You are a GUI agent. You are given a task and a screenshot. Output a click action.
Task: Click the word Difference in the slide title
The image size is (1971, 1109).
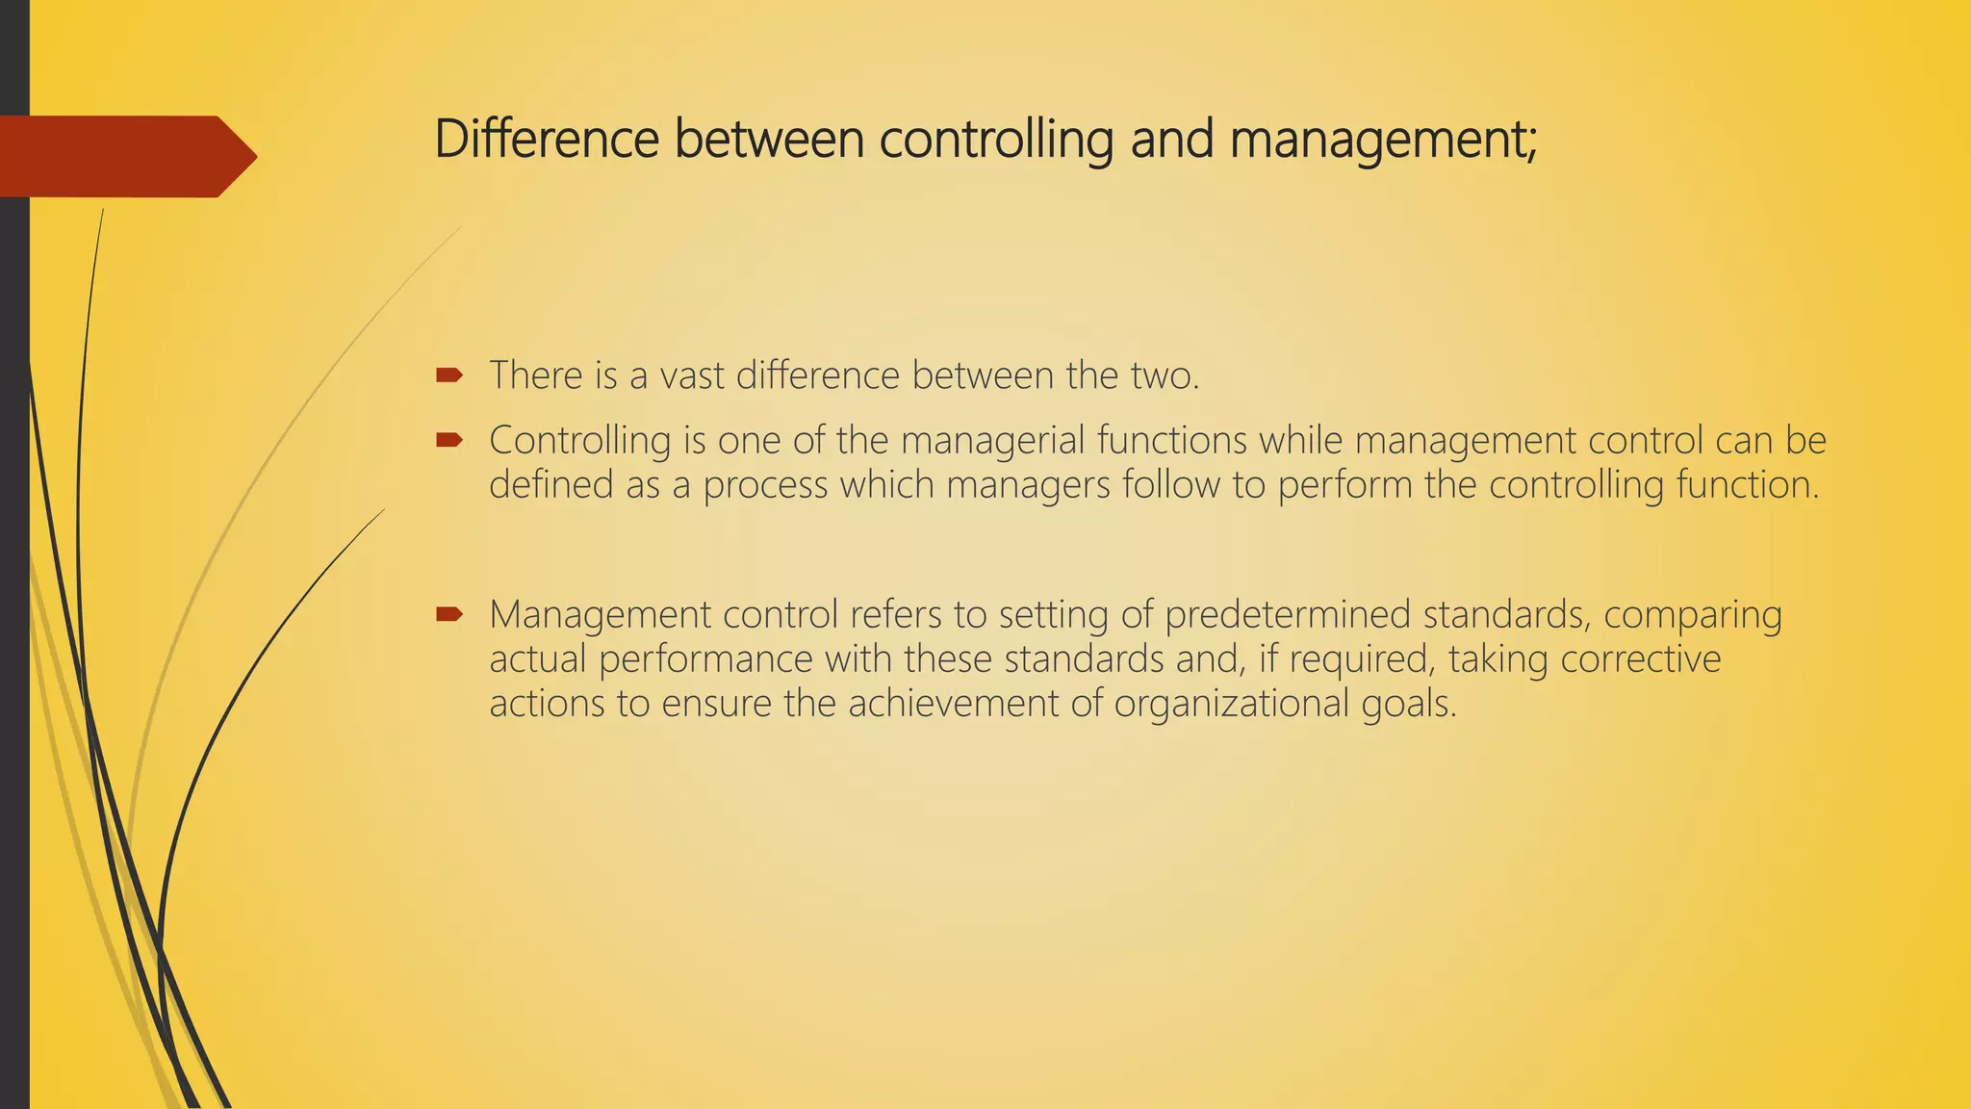pyautogui.click(x=547, y=139)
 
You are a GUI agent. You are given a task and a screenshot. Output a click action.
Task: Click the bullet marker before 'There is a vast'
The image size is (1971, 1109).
pyautogui.click(x=449, y=374)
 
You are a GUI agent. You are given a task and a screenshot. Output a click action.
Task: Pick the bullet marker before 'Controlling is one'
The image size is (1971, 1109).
pyautogui.click(x=449, y=441)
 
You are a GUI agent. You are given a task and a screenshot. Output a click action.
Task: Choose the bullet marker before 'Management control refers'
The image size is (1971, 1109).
pyautogui.click(x=449, y=614)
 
